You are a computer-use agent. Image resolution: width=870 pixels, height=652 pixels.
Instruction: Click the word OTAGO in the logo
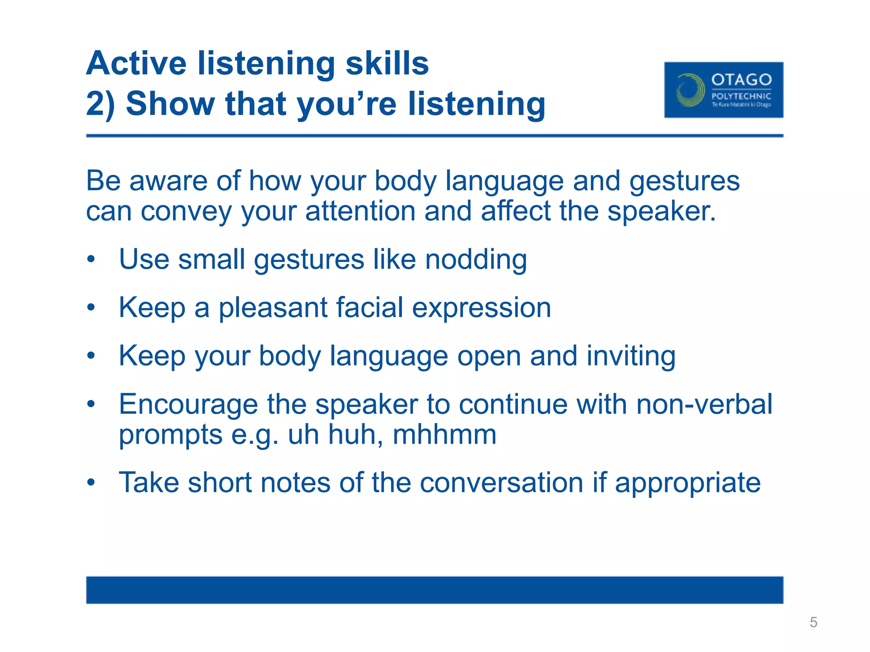741,80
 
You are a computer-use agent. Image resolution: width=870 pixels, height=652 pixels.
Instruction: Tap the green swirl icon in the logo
690,90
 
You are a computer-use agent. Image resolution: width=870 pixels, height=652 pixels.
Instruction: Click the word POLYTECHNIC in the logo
741,96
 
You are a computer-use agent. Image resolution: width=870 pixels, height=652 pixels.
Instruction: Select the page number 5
813,622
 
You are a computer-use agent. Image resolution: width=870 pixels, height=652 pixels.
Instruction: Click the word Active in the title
136,63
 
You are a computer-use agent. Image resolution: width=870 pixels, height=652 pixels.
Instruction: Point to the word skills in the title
387,63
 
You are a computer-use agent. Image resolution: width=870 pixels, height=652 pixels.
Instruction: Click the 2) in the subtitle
100,104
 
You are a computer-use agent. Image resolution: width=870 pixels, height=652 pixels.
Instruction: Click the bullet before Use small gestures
91,259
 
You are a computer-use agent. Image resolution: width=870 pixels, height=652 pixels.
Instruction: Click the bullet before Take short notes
91,483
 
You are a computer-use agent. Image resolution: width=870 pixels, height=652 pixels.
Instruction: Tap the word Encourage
188,405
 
